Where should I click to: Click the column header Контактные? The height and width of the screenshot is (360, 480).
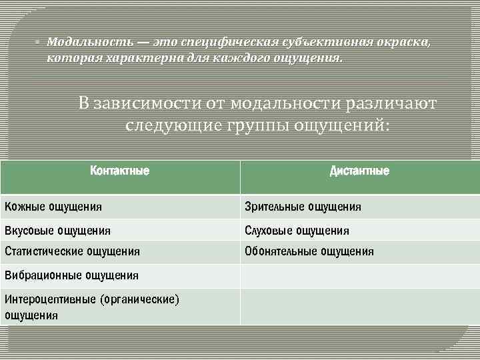click(119, 171)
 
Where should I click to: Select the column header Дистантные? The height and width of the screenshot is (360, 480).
click(359, 171)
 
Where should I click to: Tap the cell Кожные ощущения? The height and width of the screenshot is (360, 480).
click(53, 207)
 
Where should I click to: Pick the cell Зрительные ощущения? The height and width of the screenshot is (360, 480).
click(303, 207)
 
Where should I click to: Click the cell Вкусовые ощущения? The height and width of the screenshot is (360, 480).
click(57, 231)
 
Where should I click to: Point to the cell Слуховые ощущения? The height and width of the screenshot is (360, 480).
click(297, 231)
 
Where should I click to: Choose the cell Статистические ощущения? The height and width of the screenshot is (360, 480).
click(72, 251)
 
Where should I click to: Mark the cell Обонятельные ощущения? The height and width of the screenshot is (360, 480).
click(309, 251)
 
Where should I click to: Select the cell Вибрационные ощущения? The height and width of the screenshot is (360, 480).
click(71, 275)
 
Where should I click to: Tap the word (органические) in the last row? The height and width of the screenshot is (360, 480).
click(139, 299)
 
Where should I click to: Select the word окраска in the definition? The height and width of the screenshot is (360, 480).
click(407, 43)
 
